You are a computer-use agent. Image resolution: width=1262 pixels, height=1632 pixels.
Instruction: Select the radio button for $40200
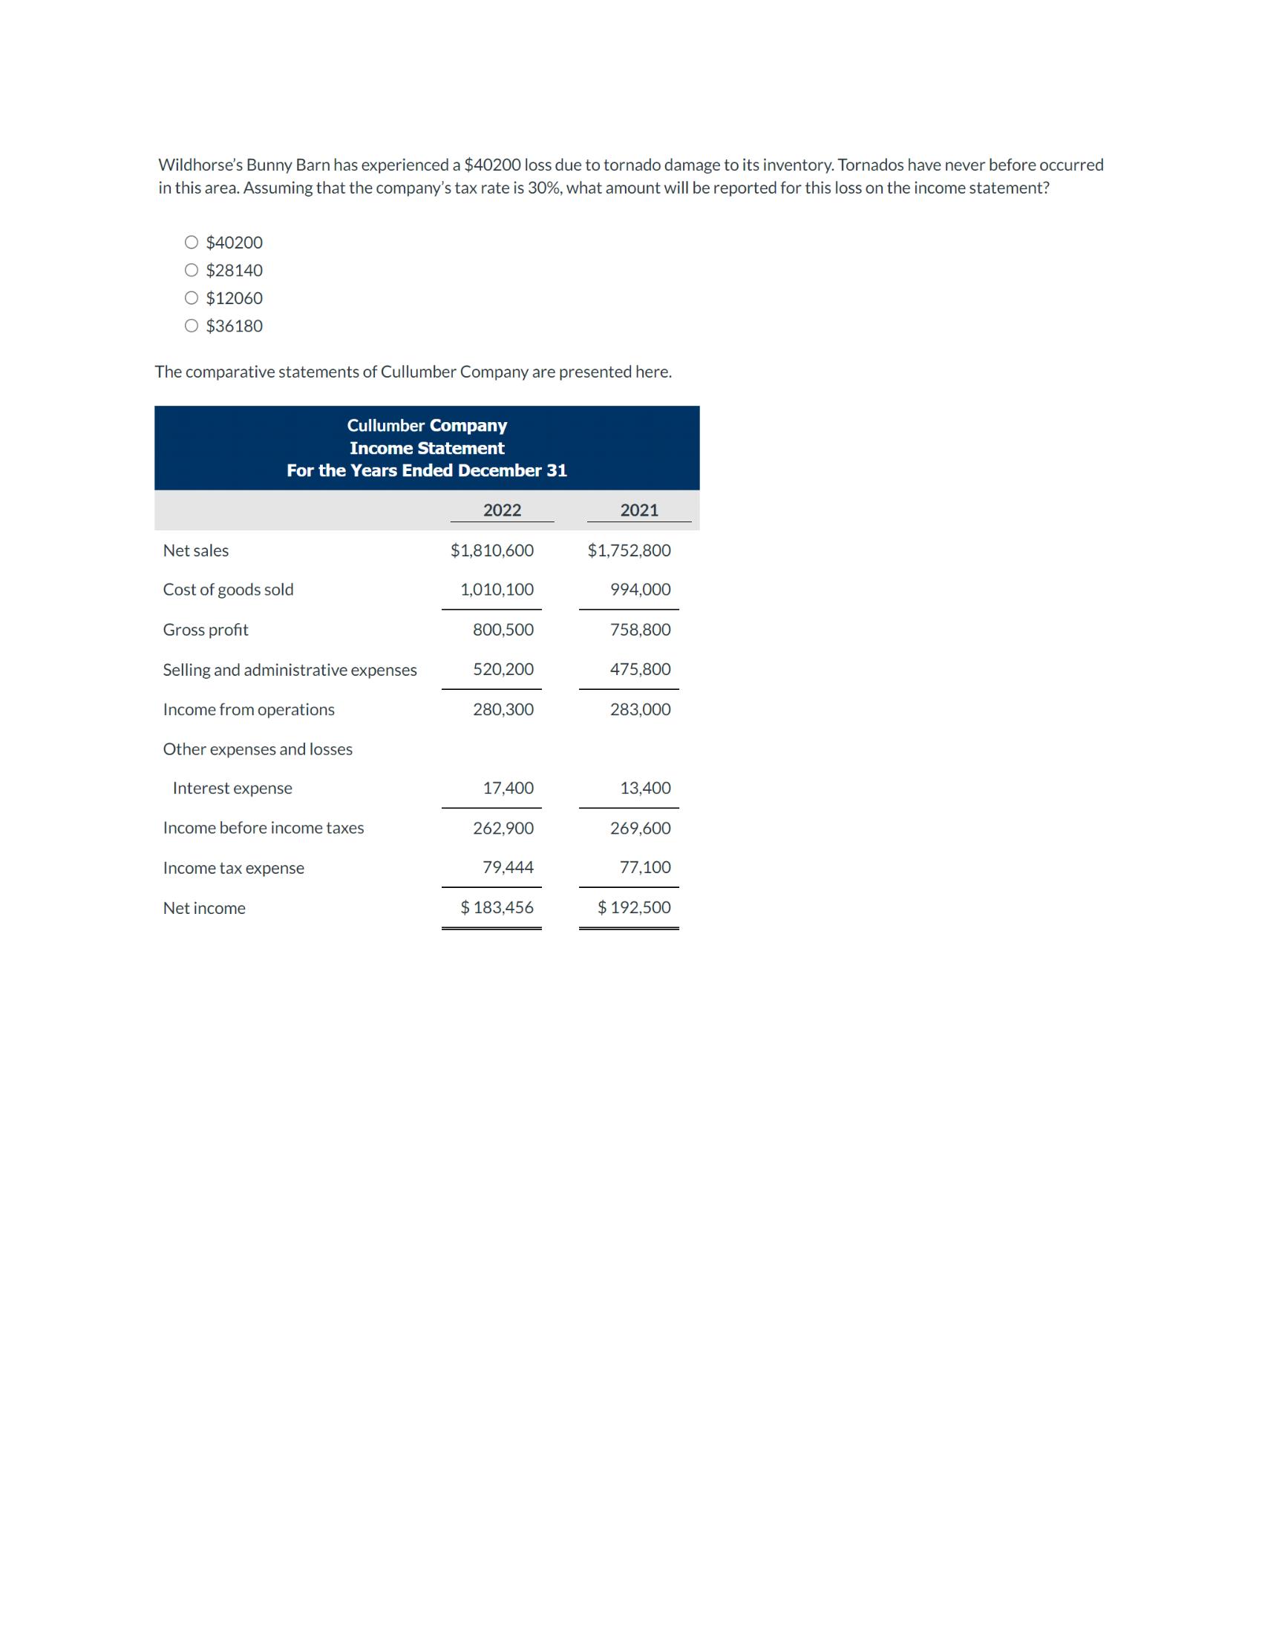[x=192, y=242]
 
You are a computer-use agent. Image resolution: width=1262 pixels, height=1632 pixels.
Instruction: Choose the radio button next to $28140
[x=192, y=270]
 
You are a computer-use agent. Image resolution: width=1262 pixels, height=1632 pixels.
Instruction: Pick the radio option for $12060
[x=192, y=297]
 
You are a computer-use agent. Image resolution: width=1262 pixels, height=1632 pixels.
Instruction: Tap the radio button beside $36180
[x=192, y=325]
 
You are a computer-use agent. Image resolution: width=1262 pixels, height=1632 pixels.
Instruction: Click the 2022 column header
[x=502, y=510]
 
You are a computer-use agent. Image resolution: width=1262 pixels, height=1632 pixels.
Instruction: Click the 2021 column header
[x=639, y=510]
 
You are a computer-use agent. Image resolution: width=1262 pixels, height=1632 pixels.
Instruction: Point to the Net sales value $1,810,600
[x=492, y=550]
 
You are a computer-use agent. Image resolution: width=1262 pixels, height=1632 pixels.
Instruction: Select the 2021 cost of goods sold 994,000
[x=640, y=590]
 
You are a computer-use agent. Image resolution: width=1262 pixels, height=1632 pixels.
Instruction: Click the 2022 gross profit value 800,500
[x=503, y=630]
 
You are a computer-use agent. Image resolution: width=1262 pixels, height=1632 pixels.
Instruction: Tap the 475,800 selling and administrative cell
[x=640, y=670]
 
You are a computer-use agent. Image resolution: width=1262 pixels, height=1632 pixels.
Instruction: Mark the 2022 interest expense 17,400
[x=509, y=789]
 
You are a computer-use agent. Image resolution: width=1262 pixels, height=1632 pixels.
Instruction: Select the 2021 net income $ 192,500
[x=634, y=908]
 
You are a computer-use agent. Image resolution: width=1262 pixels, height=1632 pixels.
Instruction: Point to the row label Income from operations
[x=249, y=710]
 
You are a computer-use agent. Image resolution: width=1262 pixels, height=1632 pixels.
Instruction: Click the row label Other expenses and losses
[x=258, y=749]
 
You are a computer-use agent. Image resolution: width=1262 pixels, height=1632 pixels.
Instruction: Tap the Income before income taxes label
[x=264, y=828]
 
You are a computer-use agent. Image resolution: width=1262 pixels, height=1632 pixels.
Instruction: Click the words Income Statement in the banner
[x=427, y=448]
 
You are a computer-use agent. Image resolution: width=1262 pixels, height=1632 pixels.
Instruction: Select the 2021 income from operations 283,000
[x=640, y=710]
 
